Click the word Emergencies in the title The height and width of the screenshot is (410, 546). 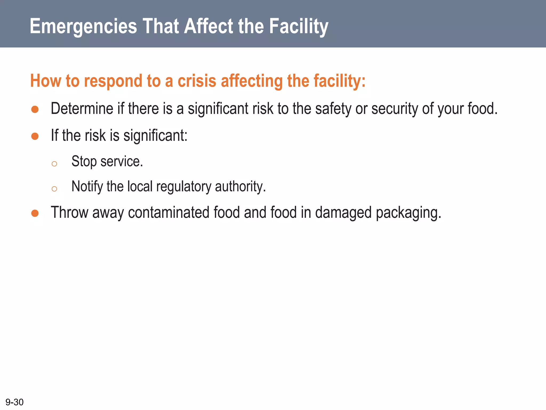[83, 26]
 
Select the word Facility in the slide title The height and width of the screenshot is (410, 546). [299, 26]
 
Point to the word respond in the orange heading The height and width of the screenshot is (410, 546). [113, 81]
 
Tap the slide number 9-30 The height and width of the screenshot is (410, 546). [15, 402]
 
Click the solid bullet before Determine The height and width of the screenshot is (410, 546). [35, 109]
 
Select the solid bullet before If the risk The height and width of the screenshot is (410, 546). [35, 136]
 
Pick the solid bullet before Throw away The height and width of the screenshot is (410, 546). [35, 213]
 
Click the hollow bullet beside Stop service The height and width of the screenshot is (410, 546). [54, 164]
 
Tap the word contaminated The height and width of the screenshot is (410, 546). [168, 213]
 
